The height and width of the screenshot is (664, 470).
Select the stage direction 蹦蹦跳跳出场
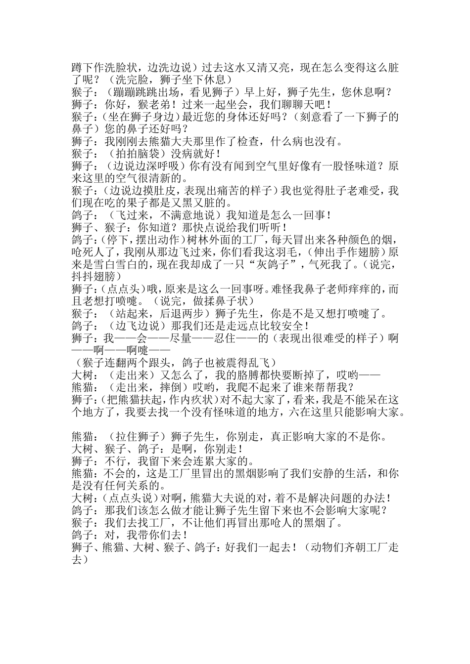pos(143,92)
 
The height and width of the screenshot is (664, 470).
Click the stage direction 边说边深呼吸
pos(145,166)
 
